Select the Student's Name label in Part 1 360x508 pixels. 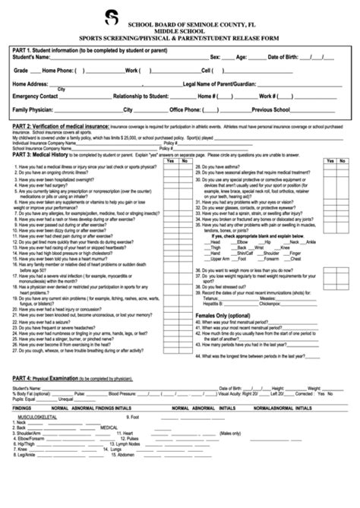pos(33,57)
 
